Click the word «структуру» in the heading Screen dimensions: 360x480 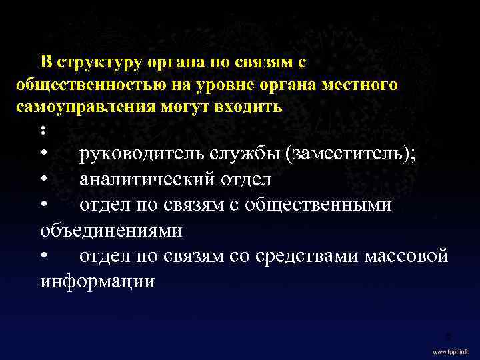tap(98, 63)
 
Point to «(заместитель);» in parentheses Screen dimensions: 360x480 tap(351, 155)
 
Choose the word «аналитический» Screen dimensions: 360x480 tap(146, 180)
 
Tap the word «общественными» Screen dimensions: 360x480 tap(318, 205)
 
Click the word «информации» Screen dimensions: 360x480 tap(97, 281)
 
